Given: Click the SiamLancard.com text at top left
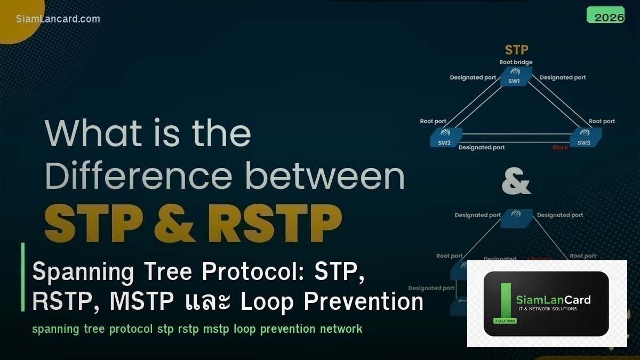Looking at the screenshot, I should tap(58, 19).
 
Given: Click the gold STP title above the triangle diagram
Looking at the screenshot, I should tap(516, 50).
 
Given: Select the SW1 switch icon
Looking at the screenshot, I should tap(514, 76).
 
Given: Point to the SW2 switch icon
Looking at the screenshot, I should tap(445, 137).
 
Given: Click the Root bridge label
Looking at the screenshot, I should tap(516, 62).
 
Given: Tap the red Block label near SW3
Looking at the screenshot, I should tap(560, 148).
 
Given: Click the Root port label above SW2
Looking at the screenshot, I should tap(433, 122).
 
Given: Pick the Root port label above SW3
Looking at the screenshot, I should tap(602, 122).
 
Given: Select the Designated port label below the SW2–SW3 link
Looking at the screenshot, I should tap(482, 148).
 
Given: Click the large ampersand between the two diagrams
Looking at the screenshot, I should tap(516, 183).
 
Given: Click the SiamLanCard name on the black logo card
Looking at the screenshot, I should tap(553, 300).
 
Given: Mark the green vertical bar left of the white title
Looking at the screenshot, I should tap(23, 277).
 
